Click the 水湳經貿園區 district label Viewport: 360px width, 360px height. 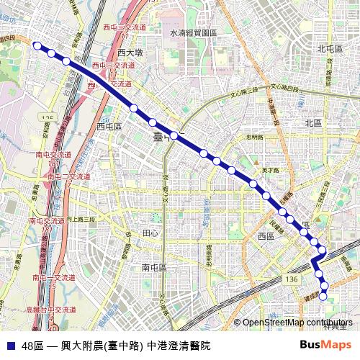click(x=193, y=33)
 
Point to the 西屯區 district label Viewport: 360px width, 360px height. click(x=109, y=126)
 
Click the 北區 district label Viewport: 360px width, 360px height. click(x=313, y=122)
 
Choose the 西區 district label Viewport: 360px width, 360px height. click(x=266, y=236)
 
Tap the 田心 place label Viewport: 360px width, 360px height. click(x=150, y=233)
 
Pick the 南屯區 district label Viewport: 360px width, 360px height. click(x=154, y=267)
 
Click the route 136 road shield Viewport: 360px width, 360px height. click(x=290, y=278)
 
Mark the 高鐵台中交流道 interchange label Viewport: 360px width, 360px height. click(x=50, y=309)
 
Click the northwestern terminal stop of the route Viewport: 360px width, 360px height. click(x=37, y=45)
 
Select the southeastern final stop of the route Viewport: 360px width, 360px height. click(x=323, y=296)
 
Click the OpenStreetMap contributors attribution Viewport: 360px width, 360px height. click(x=297, y=323)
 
